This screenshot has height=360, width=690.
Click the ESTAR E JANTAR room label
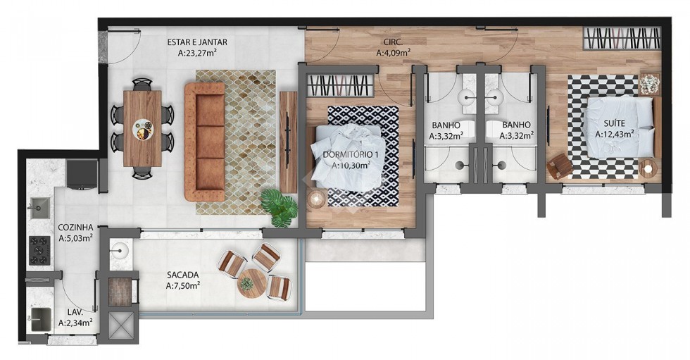[x=196, y=42]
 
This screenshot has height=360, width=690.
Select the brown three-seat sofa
[x=205, y=142]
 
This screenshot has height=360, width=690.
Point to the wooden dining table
[x=142, y=128]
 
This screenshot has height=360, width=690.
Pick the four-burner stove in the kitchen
[x=39, y=251]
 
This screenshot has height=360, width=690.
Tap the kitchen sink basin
[x=39, y=207]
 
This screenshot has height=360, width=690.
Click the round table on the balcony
[x=252, y=283]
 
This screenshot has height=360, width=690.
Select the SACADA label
[x=182, y=275]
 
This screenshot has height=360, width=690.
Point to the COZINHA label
[x=76, y=228]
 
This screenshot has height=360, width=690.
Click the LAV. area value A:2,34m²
[x=75, y=323]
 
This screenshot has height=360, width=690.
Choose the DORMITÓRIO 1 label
[x=351, y=155]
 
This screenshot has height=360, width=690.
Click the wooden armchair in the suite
[x=560, y=166]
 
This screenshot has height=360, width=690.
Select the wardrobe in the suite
[x=622, y=38]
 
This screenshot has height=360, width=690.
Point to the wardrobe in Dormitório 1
[x=338, y=86]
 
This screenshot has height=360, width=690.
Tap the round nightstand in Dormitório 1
[x=316, y=199]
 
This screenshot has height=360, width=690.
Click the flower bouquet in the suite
[x=649, y=84]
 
